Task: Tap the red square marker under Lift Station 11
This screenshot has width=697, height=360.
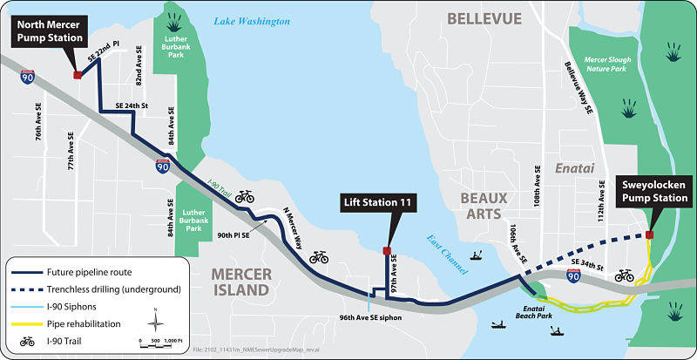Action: (x=387, y=251)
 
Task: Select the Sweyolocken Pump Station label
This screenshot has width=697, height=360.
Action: (x=653, y=192)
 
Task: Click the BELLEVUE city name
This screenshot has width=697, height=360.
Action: (x=484, y=18)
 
